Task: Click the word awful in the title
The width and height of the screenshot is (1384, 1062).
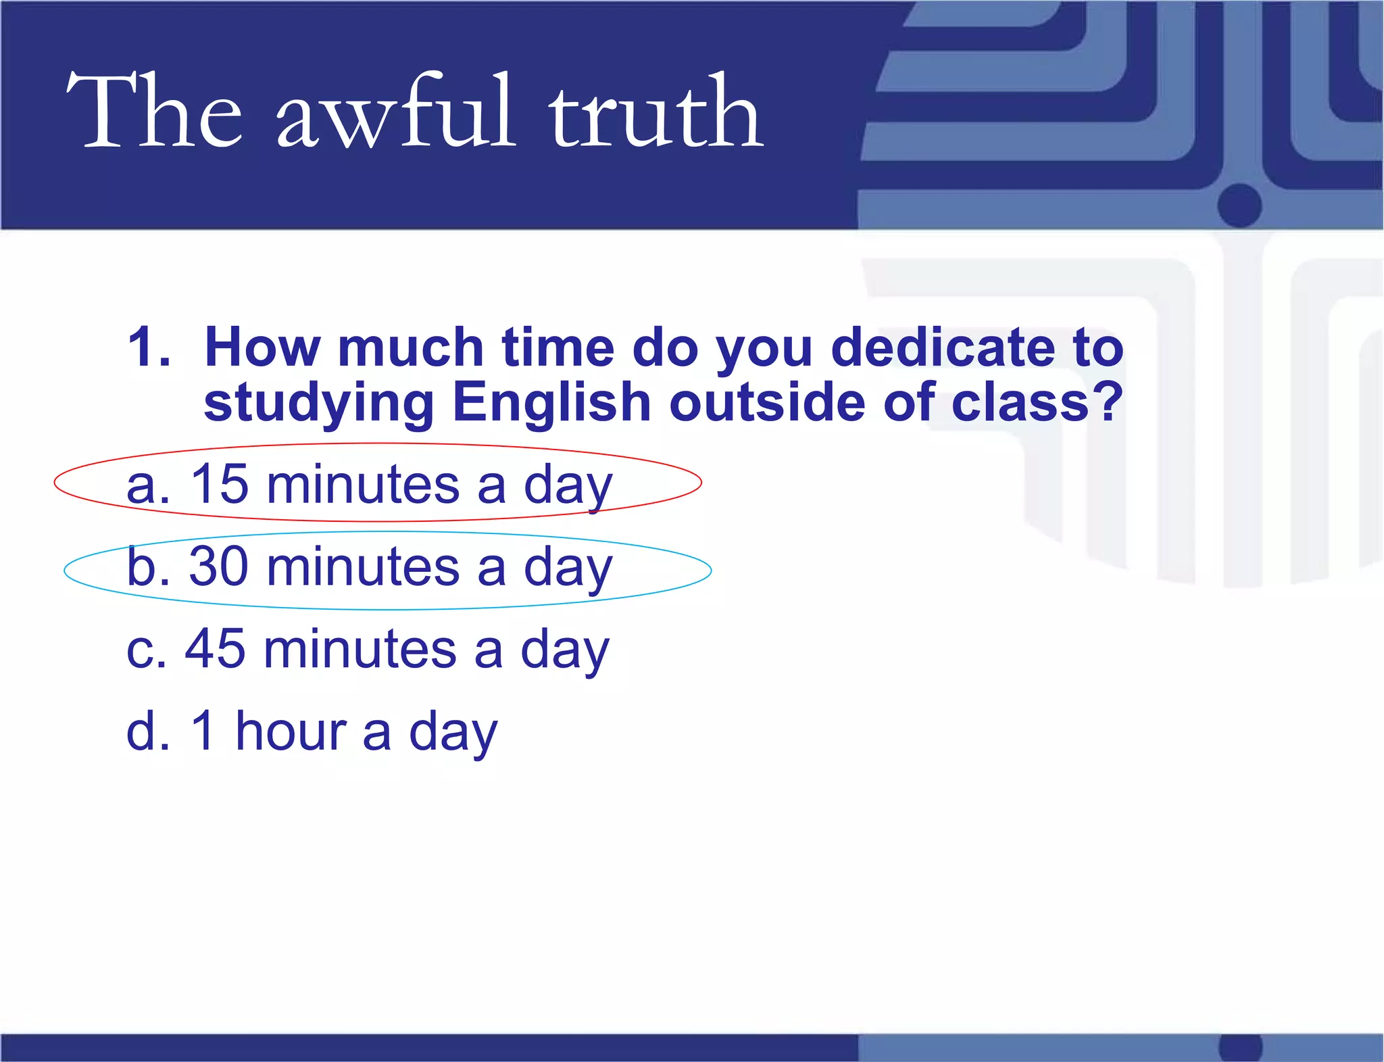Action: [396, 112]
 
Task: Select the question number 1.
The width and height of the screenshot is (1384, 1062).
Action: [147, 347]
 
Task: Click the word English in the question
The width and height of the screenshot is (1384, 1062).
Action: [551, 402]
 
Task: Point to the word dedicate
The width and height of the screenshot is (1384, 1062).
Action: [942, 347]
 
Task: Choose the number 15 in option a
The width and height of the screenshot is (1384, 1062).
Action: [219, 485]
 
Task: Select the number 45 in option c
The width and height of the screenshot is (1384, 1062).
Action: [215, 649]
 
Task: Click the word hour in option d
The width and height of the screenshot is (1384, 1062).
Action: [291, 731]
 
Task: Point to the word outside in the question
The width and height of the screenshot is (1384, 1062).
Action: [767, 402]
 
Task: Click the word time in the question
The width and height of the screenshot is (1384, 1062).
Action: [558, 347]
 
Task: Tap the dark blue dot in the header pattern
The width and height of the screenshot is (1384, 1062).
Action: [1240, 205]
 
